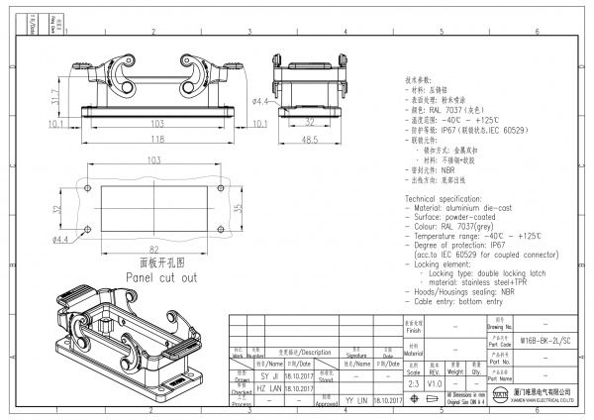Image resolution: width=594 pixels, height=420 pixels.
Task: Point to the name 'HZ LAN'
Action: pyautogui.click(x=269, y=387)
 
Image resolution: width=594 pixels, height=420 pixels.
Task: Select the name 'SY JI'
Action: pyautogui.click(x=269, y=374)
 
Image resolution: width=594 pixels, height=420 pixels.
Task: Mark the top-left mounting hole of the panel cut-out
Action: pyautogui.click(x=87, y=188)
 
